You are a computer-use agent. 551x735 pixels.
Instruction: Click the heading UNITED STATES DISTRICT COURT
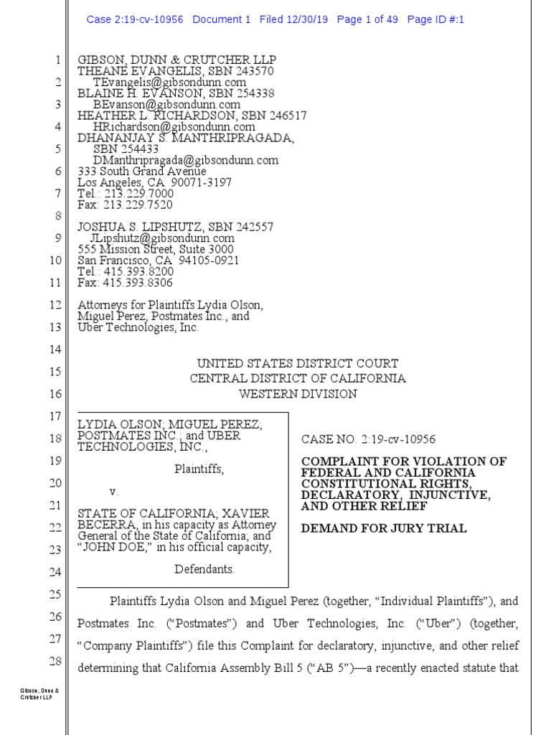click(x=298, y=364)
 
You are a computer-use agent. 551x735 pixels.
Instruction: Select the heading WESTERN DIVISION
click(x=298, y=394)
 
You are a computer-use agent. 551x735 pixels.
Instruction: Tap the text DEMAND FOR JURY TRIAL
click(x=384, y=529)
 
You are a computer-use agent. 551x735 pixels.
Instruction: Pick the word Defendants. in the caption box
click(x=204, y=569)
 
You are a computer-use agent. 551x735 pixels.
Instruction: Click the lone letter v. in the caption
click(x=113, y=492)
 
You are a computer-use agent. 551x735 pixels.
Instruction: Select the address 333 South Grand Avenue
click(x=142, y=172)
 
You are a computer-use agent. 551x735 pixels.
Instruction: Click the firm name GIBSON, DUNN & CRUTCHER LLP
click(x=176, y=60)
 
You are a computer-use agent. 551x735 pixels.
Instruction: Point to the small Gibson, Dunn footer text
click(x=34, y=695)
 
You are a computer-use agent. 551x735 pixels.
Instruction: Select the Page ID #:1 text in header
click(x=435, y=20)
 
